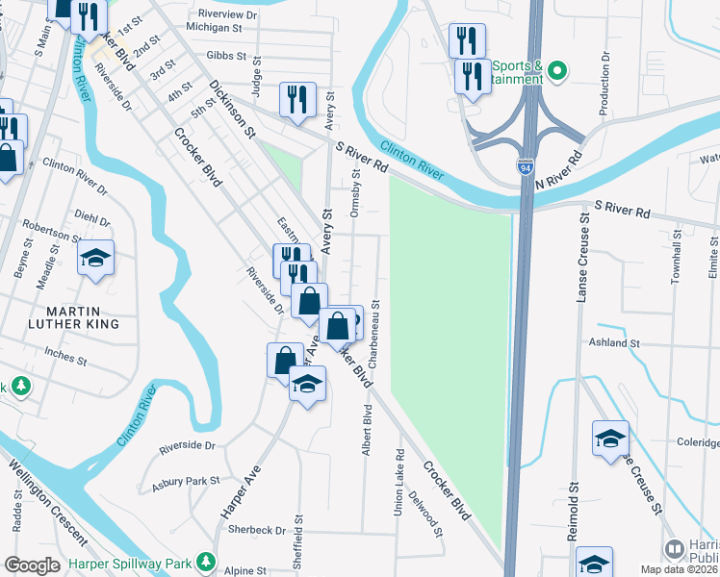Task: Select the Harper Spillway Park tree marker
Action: point(205,561)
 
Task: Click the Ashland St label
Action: point(614,342)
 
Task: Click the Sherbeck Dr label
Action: point(254,530)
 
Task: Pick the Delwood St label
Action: point(424,515)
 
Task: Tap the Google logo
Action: point(33,565)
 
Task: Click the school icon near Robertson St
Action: point(95,259)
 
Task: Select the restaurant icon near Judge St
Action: point(296,99)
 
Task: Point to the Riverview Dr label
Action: point(227,14)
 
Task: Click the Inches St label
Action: point(66,363)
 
